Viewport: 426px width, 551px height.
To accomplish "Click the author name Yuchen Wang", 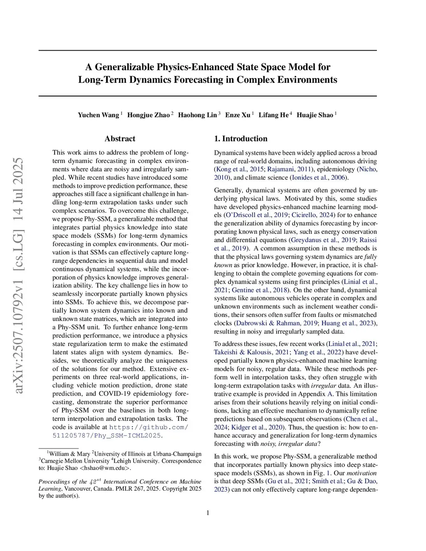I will click(x=98, y=115).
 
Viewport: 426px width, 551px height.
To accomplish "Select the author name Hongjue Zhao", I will click(x=148, y=115).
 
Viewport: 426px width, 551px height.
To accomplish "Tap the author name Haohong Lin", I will click(x=197, y=115).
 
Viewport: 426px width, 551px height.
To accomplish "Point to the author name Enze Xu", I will click(x=238, y=115).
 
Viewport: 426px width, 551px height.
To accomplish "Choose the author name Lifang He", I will click(x=273, y=115).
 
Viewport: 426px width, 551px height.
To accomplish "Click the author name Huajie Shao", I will click(x=315, y=115).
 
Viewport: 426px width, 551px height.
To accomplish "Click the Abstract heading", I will click(x=120, y=139).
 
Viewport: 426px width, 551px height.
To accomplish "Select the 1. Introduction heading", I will click(x=240, y=139).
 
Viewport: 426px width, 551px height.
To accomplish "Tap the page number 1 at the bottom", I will click(x=208, y=513).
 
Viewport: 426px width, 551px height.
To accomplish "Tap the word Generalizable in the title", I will click(x=124, y=67).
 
